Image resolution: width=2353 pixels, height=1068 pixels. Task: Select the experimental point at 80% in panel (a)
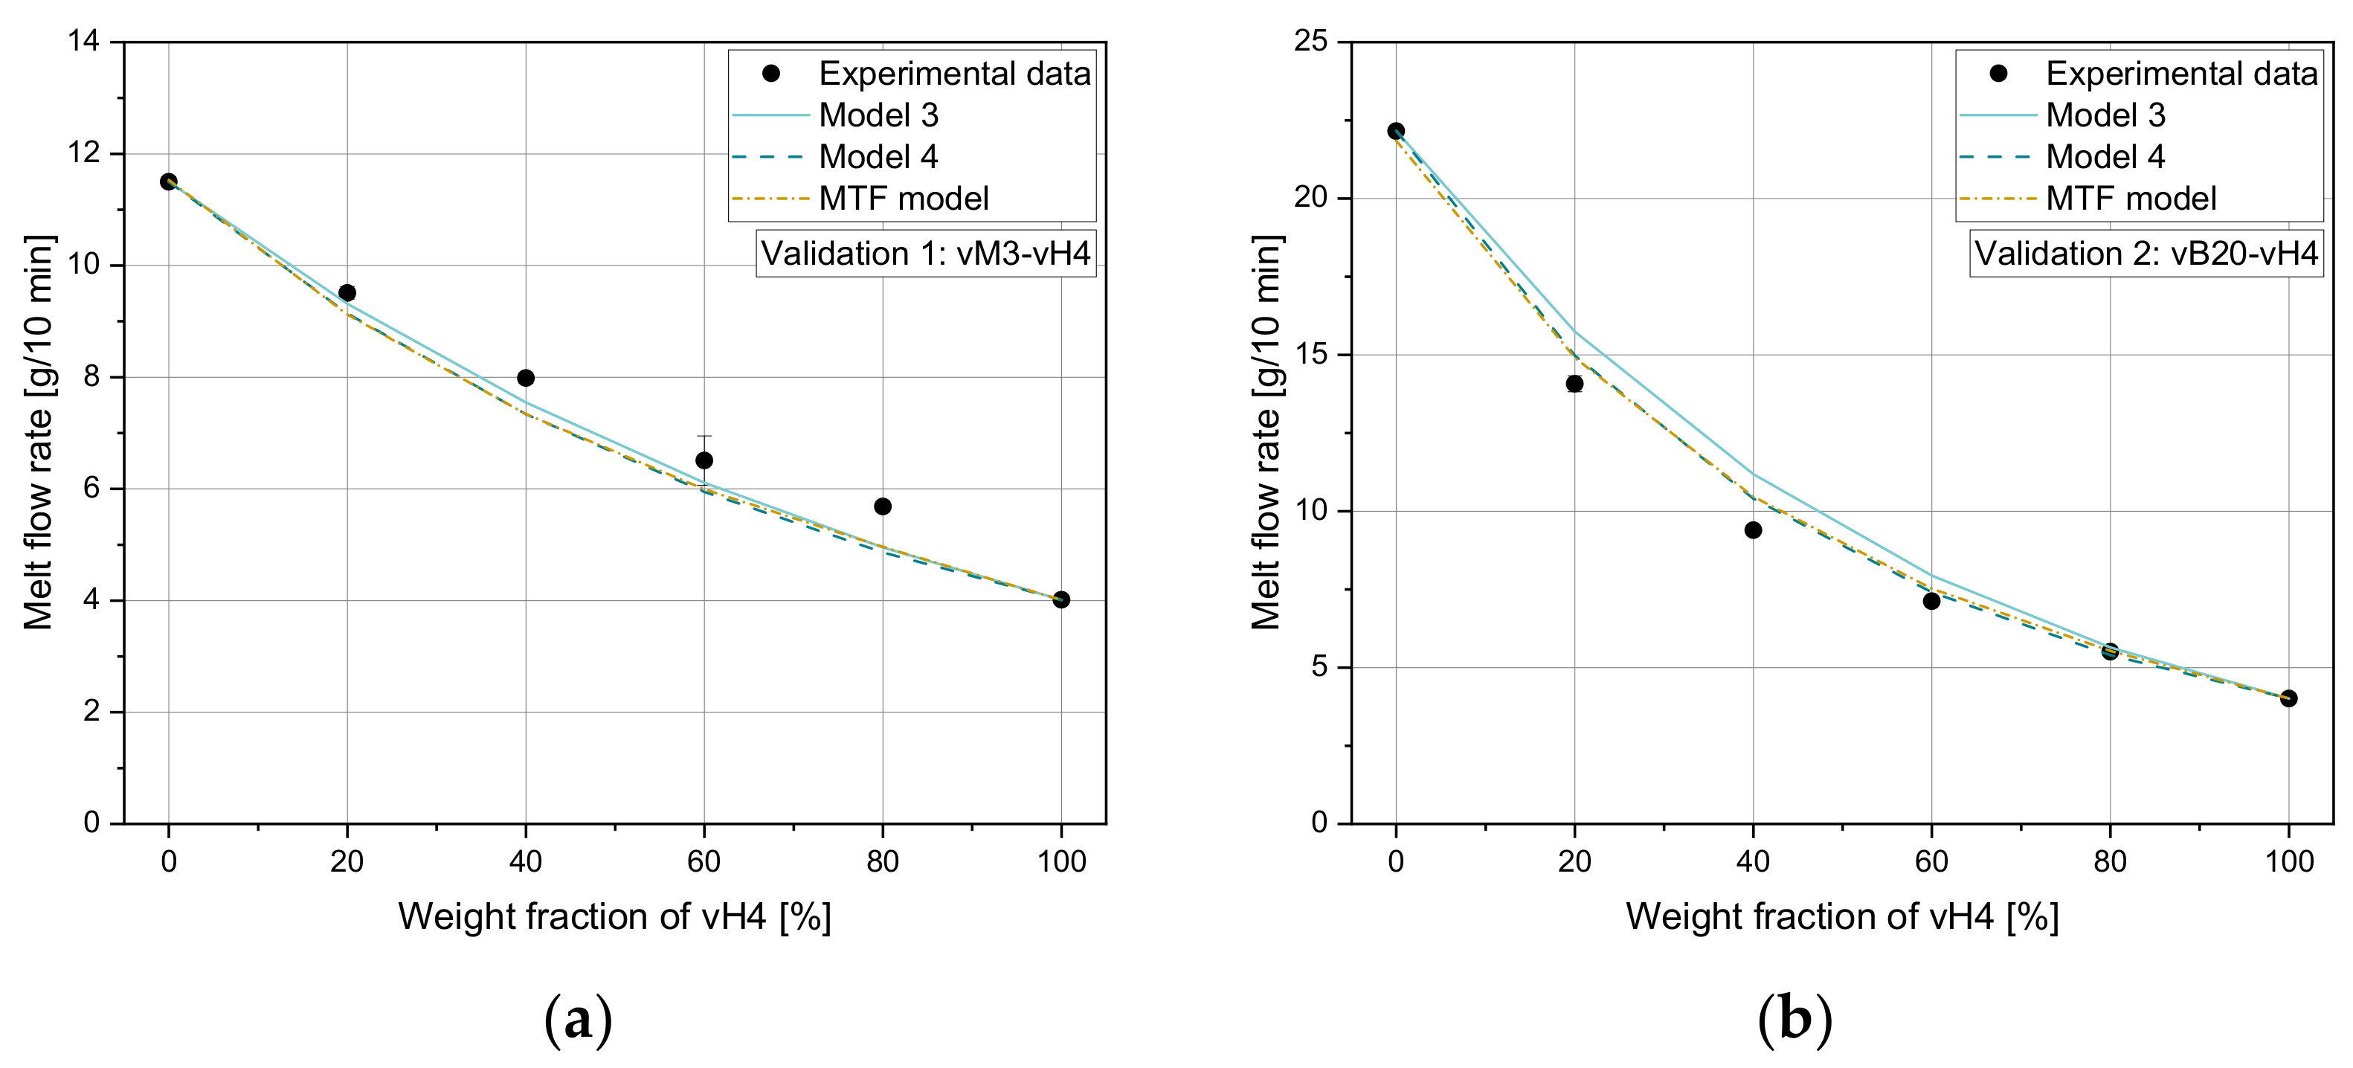tap(882, 506)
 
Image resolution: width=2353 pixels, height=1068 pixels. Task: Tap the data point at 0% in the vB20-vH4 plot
tap(1396, 132)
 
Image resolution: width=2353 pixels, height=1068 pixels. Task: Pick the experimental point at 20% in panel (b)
tap(1574, 384)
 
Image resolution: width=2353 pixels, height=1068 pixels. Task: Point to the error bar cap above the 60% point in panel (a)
tap(704, 437)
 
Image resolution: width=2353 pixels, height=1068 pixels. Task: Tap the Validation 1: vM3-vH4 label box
tap(925, 254)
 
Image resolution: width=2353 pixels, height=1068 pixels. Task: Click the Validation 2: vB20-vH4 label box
tap(2146, 254)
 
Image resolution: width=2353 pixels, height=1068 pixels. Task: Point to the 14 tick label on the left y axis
tap(84, 41)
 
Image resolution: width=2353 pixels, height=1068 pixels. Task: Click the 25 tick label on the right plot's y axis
tap(1311, 41)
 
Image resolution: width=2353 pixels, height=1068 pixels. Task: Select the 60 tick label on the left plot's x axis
tap(704, 861)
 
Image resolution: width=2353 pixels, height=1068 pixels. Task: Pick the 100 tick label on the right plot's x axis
tap(2289, 861)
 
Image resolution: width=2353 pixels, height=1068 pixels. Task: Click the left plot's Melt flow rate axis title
tap(39, 432)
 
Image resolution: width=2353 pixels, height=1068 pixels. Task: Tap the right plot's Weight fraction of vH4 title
tap(1841, 916)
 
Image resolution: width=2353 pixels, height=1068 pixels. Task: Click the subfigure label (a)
tap(577, 1020)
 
